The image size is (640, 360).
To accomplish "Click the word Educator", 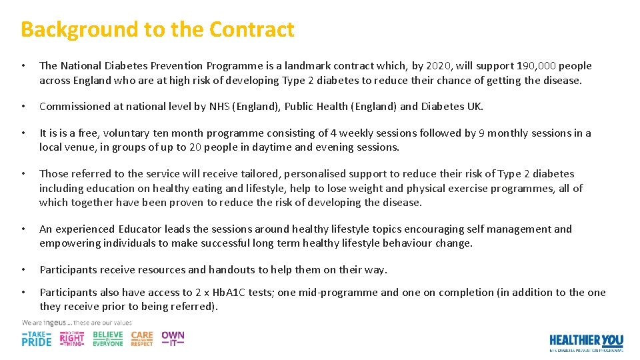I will (140, 229).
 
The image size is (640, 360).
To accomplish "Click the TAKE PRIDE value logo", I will (36, 339).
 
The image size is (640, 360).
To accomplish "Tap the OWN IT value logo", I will (173, 338).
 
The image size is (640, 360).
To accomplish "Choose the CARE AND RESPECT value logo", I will (141, 339).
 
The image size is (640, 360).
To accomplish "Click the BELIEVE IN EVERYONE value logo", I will (107, 339).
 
